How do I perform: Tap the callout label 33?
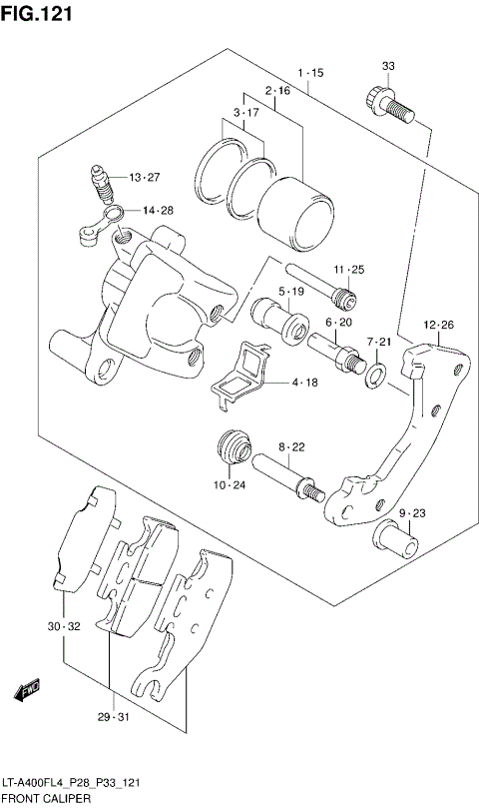tap(388, 66)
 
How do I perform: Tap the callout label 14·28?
tap(157, 210)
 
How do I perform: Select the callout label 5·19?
tap(291, 292)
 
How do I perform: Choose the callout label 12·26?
tap(438, 325)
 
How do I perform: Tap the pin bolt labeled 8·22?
tap(288, 476)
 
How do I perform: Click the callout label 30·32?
tap(62, 626)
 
